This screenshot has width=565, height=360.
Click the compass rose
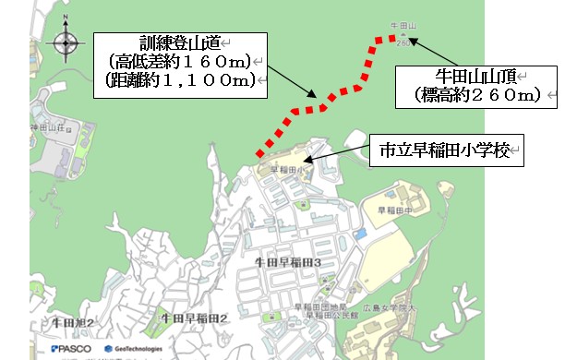65,42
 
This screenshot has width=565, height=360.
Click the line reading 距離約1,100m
178,82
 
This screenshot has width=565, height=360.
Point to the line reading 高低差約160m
178,63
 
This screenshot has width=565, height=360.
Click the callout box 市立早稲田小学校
446,150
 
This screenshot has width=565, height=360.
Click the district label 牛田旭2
74,322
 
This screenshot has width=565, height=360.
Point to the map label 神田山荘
44,126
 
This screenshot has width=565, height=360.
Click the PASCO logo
71,349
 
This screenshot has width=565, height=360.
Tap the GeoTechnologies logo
138,349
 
